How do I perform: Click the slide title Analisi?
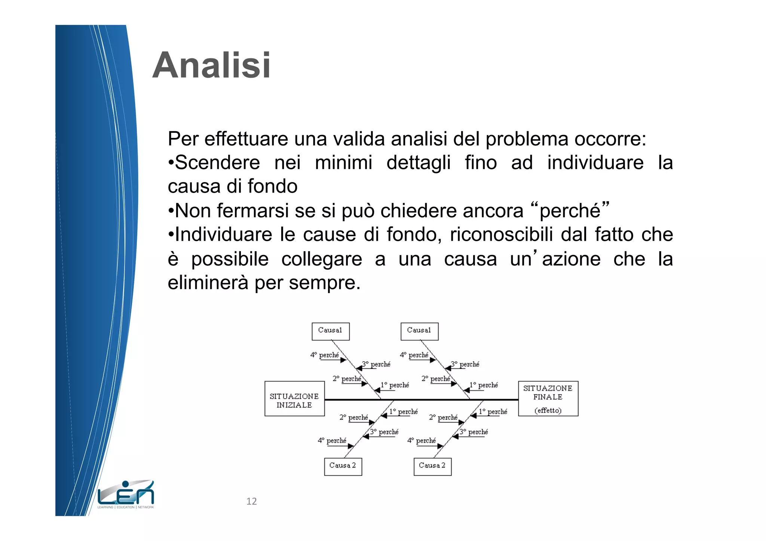[211, 65]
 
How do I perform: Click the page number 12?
[251, 501]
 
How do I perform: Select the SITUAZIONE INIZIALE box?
[294, 399]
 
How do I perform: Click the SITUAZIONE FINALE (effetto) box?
[548, 399]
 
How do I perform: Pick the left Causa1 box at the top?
[330, 331]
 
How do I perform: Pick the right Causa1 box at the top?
[419, 331]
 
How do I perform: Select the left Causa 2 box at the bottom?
[343, 467]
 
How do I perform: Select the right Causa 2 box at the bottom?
[432, 467]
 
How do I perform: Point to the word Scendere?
[217, 163]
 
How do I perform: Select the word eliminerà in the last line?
[208, 283]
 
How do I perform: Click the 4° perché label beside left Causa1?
[325, 355]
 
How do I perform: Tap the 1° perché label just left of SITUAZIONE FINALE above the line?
[484, 385]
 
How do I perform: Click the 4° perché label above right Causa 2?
[422, 440]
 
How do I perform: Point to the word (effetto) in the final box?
[548, 411]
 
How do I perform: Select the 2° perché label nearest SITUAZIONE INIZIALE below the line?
[354, 417]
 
